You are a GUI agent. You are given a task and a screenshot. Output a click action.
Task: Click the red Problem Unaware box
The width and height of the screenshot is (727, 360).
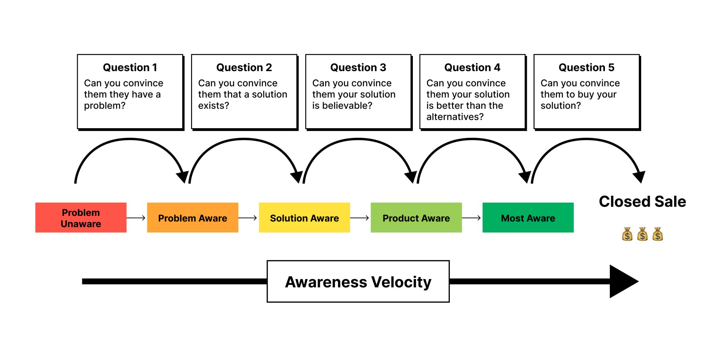pos(81,218)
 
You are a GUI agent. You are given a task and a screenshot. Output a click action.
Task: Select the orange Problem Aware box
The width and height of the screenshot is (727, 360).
pos(192,218)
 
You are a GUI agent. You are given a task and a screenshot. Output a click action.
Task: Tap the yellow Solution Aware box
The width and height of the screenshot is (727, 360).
pos(304,218)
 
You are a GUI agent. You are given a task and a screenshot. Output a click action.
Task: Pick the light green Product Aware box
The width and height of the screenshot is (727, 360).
pos(416,218)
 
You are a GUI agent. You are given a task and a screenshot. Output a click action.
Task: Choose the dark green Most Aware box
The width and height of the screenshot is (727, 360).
pos(528,218)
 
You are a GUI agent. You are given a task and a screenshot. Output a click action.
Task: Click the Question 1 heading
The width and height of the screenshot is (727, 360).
pos(130,67)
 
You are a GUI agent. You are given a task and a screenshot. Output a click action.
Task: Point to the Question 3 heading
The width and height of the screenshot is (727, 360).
pos(358,67)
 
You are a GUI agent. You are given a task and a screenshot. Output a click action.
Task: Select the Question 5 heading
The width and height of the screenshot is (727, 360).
pos(586,67)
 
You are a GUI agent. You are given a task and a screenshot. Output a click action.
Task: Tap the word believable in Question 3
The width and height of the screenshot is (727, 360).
pos(351,105)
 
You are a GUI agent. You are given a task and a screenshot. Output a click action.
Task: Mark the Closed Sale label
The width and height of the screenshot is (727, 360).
pos(642,202)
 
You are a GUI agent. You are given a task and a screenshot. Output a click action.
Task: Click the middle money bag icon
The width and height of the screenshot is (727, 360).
pos(642,234)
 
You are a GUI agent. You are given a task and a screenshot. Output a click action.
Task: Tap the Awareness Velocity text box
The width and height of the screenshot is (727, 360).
pos(358,282)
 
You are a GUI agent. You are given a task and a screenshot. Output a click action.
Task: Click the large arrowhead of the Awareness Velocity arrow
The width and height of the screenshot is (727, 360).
pos(623,282)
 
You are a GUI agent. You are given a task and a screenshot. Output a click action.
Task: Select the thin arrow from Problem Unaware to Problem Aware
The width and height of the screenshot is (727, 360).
pos(136,218)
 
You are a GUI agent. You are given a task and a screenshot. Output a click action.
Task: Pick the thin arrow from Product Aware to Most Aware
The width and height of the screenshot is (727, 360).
pos(472,218)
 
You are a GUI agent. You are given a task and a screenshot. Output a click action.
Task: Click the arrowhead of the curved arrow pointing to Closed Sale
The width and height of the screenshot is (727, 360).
pos(639,176)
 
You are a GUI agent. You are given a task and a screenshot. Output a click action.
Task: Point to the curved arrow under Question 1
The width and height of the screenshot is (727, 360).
pos(130,140)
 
